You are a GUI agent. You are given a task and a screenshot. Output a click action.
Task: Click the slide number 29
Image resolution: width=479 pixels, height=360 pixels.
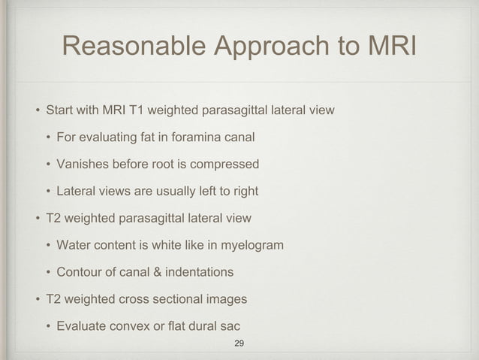tap(239, 343)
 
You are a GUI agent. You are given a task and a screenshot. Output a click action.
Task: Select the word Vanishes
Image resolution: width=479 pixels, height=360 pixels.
tap(82, 165)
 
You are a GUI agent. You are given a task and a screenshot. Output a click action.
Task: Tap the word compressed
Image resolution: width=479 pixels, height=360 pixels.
tap(225, 165)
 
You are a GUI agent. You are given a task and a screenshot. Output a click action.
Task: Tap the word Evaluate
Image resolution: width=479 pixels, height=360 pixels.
tap(82, 327)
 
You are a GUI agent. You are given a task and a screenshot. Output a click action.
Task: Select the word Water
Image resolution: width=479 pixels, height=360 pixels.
tap(73, 246)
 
